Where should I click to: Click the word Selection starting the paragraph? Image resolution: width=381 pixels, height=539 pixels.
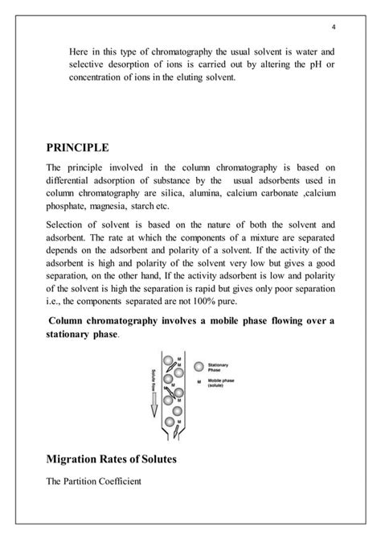pyautogui.click(x=69, y=227)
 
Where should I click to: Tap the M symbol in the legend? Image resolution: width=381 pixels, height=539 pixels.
pyautogui.click(x=198, y=382)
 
